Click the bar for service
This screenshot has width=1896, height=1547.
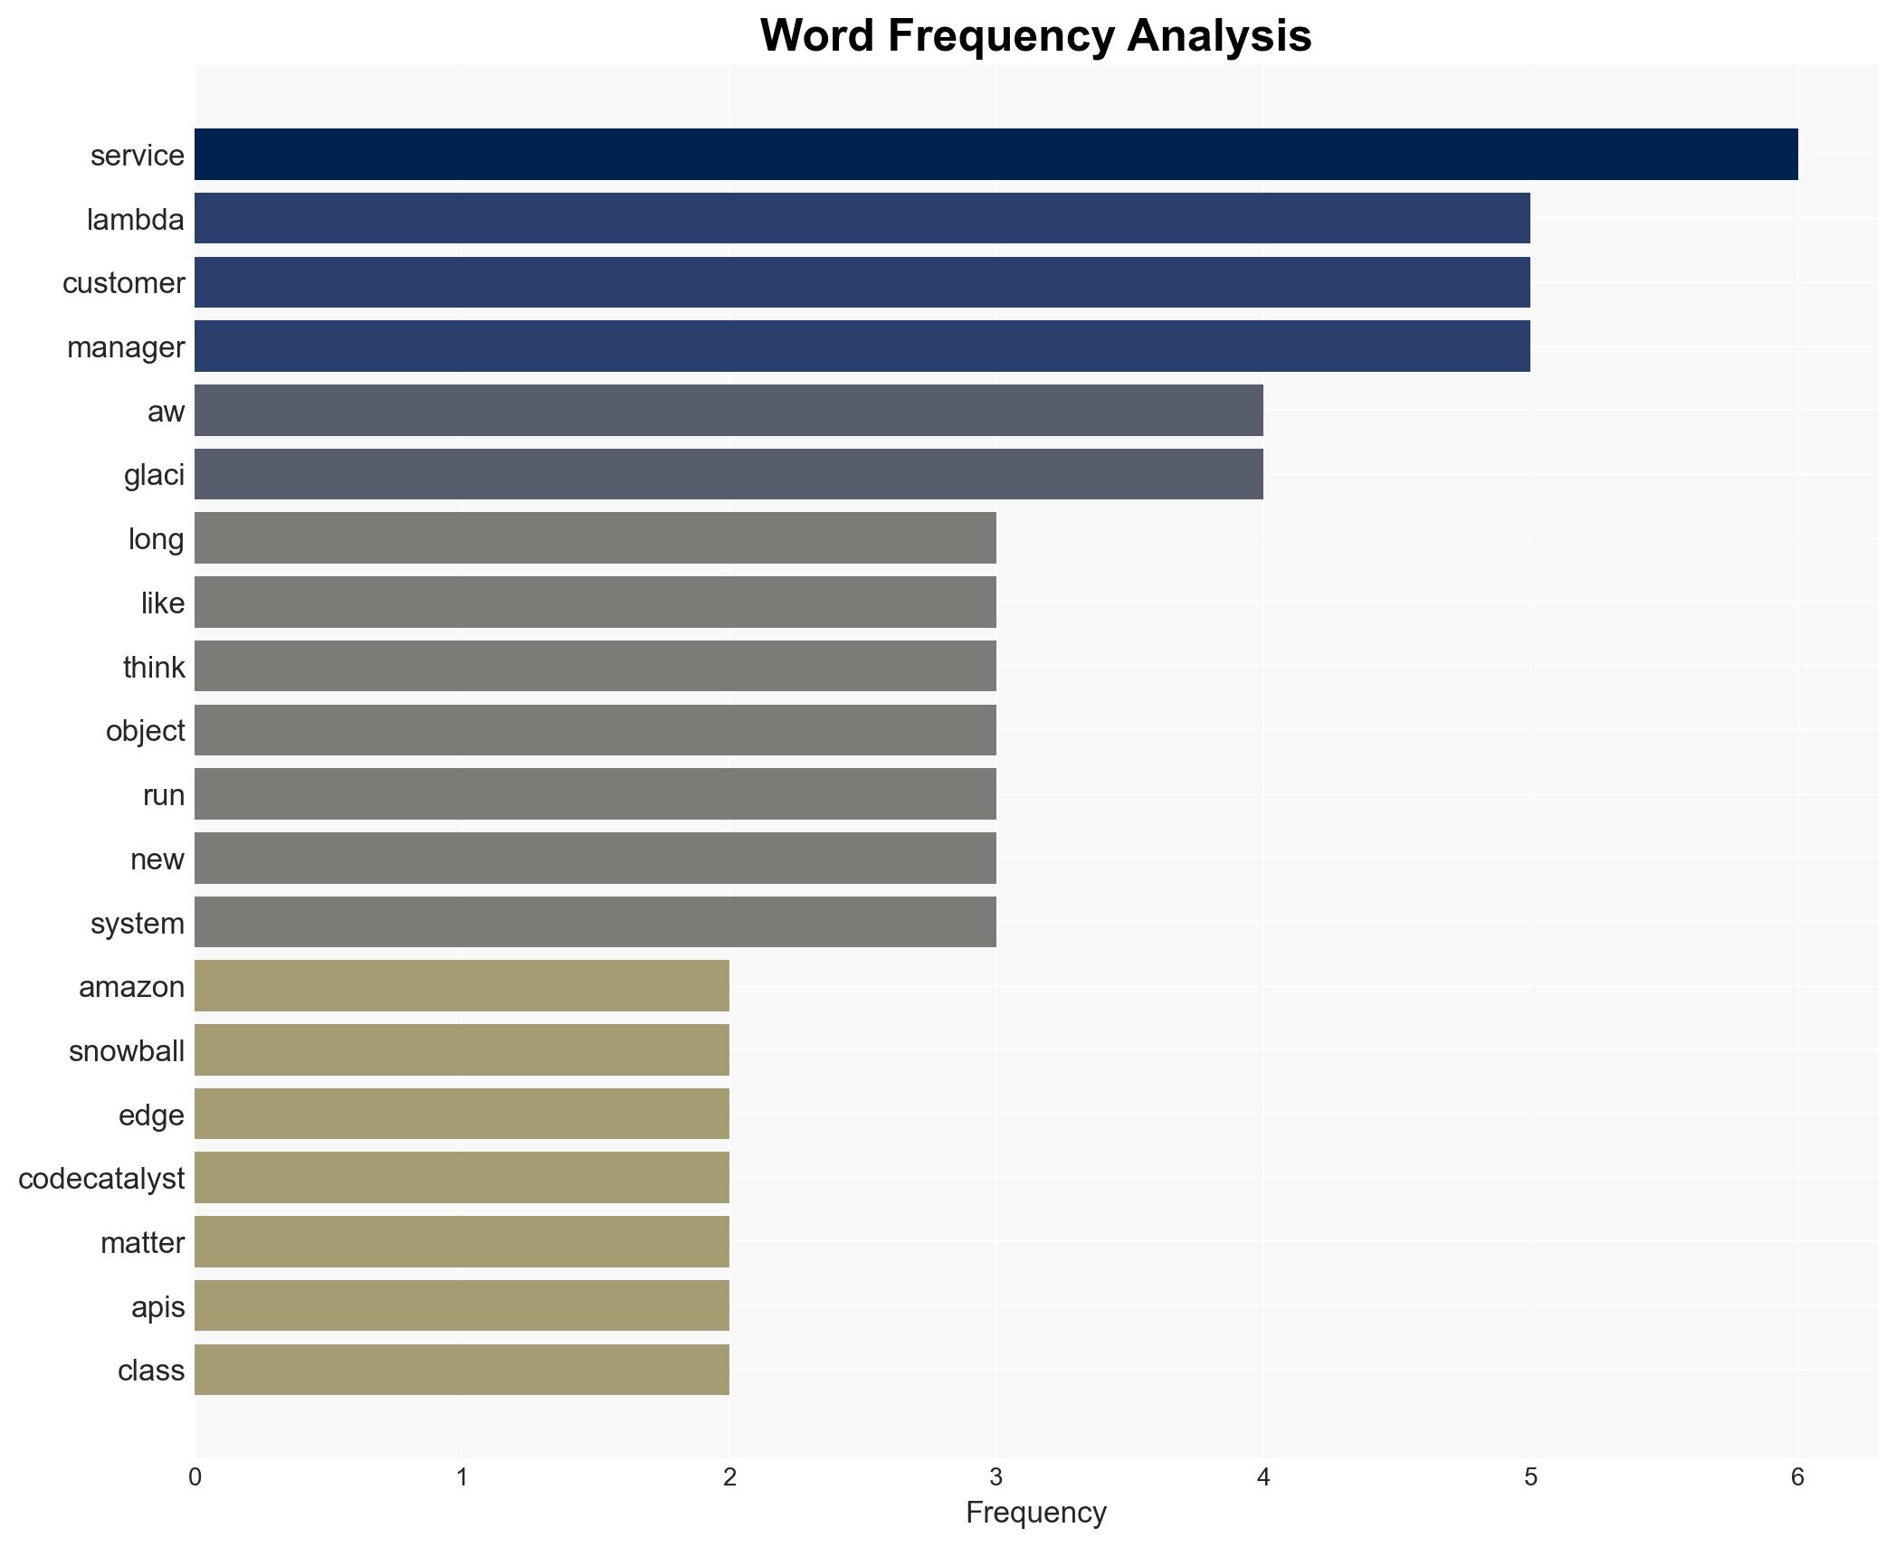click(996, 155)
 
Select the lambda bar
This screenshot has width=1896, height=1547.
click(862, 219)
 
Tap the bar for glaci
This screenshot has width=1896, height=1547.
click(729, 474)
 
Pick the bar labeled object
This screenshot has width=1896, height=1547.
click(595, 730)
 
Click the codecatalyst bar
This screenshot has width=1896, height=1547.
click(462, 1178)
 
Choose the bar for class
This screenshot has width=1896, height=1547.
click(462, 1370)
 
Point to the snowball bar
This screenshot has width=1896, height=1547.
click(462, 1050)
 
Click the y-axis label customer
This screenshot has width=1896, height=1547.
click(124, 283)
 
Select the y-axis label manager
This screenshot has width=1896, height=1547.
click(126, 347)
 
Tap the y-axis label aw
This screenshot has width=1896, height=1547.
click(166, 412)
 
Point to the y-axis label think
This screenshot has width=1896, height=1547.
click(154, 668)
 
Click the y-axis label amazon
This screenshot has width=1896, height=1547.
click(131, 987)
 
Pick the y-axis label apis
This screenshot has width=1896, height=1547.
click(157, 1307)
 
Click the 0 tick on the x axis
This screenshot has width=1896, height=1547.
click(195, 1477)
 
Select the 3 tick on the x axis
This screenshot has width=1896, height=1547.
click(996, 1477)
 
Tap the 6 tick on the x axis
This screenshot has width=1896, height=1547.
click(1797, 1477)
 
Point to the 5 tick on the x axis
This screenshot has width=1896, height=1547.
click(1530, 1477)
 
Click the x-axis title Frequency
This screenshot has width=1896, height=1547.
click(1035, 1513)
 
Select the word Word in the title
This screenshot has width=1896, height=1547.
click(816, 36)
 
